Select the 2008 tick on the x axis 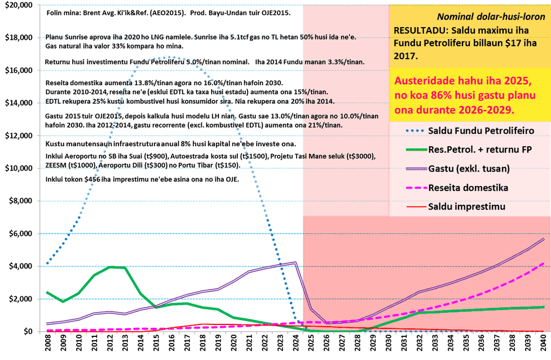(x=48, y=345)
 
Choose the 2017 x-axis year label (x=187, y=345)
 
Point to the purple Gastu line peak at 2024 (x=296, y=262)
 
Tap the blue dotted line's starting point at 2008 (x=48, y=264)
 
